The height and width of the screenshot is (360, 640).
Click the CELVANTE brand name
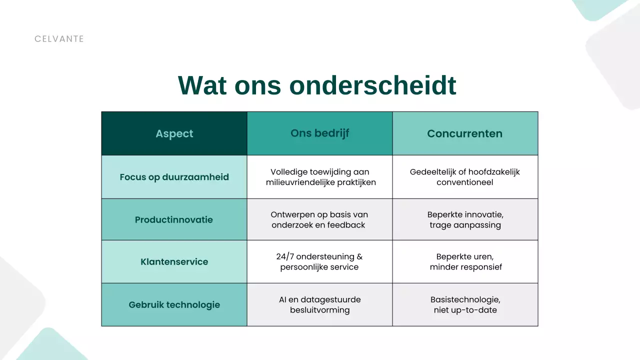[59, 39]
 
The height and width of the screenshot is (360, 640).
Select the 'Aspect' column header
[174, 133]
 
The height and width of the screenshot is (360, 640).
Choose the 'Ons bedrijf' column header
[319, 133]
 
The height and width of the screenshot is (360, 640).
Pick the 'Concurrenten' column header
[464, 133]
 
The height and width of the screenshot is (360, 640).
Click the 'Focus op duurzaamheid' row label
[174, 177]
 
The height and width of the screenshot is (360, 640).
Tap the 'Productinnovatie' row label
[174, 220]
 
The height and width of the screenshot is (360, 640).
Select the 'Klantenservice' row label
[174, 262]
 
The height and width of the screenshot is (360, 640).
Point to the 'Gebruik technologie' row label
[174, 305]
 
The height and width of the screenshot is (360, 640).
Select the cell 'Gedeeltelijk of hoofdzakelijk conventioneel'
[464, 177]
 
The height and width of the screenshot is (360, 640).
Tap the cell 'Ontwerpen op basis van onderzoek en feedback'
[319, 220]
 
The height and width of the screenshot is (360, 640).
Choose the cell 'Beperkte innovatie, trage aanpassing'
[465, 220]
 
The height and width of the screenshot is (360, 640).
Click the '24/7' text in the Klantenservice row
[285, 256]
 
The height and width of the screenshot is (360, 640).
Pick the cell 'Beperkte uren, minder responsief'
[465, 262]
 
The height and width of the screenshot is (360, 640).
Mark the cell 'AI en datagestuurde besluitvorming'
[319, 305]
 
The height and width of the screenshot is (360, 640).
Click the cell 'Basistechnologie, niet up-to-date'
[465, 305]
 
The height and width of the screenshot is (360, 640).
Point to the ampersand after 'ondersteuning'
[359, 256]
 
